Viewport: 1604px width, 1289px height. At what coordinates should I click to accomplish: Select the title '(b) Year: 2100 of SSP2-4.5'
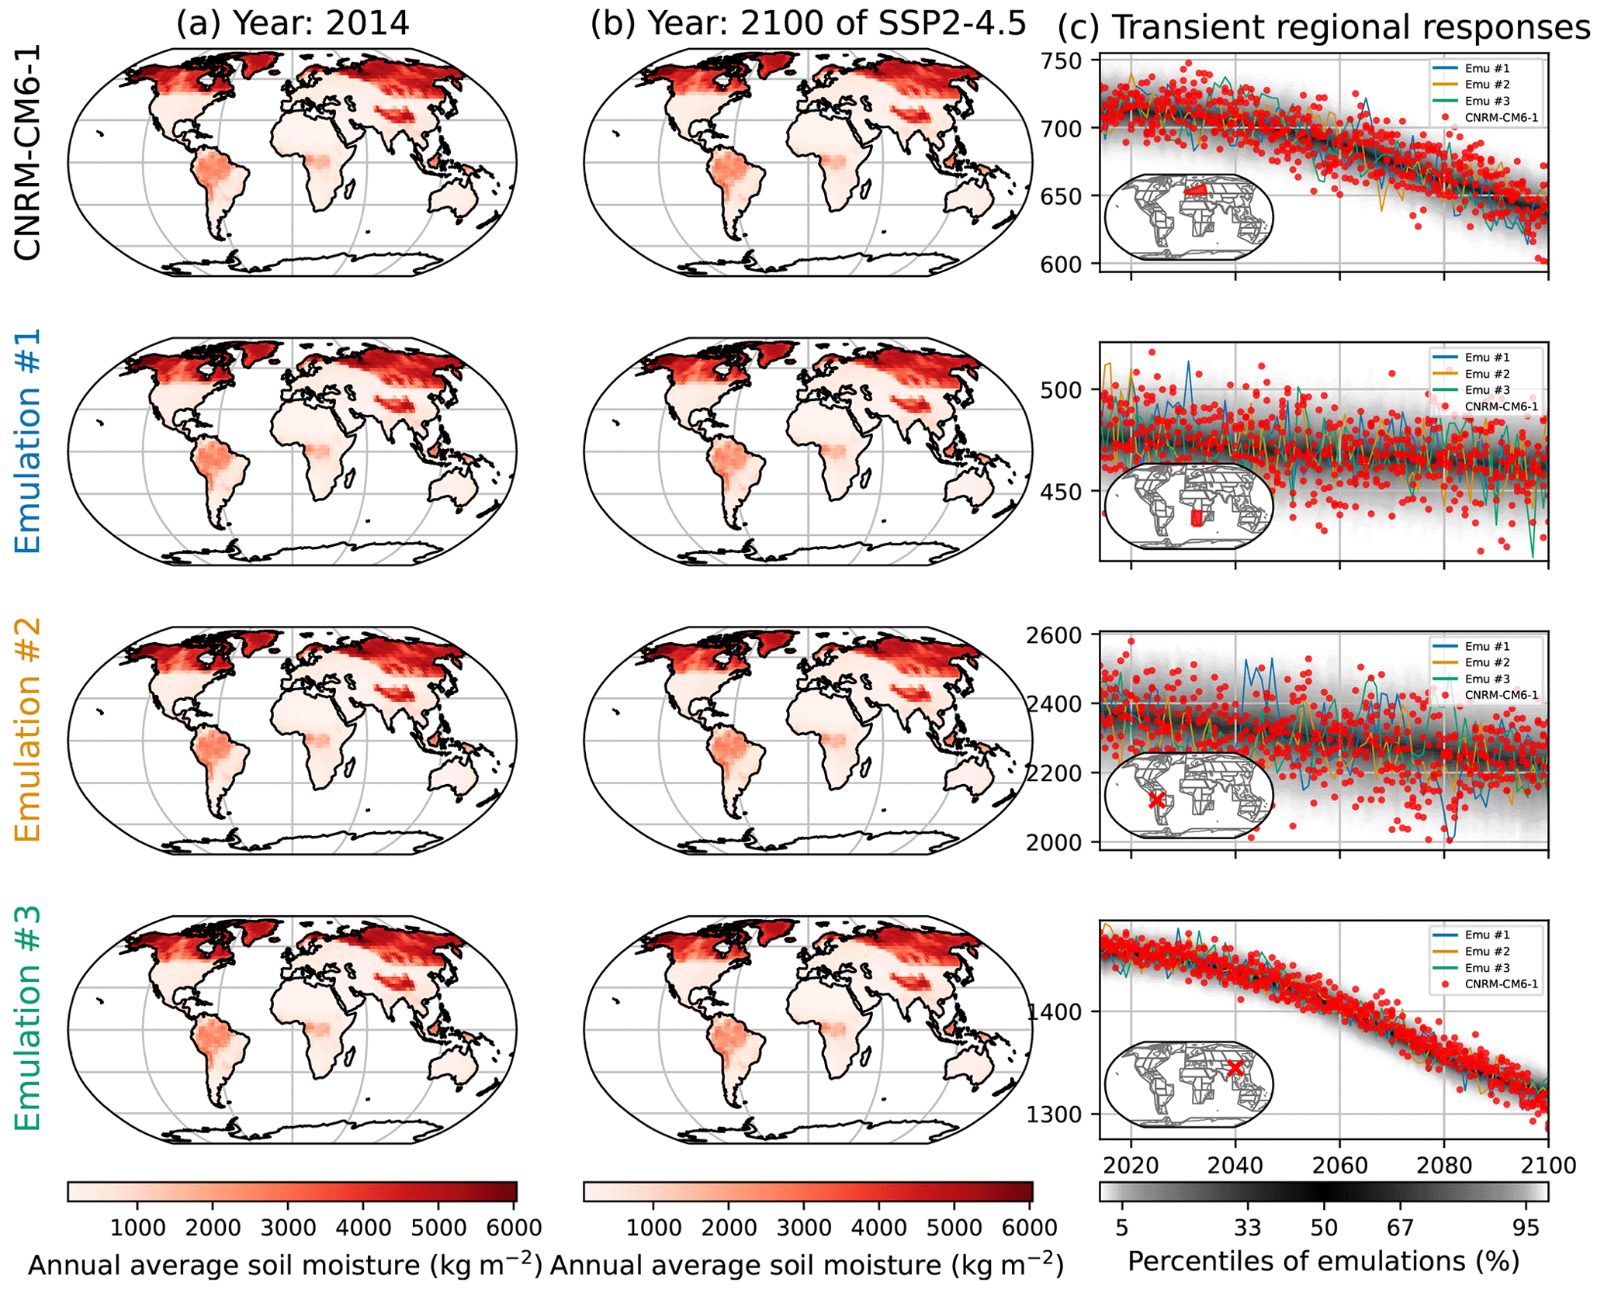click(x=808, y=24)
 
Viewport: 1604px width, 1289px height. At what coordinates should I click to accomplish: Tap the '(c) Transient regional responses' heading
click(x=1324, y=27)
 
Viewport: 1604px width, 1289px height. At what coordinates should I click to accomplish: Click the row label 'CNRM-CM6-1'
click(x=28, y=152)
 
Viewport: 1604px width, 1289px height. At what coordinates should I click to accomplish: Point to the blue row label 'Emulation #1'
click(x=28, y=441)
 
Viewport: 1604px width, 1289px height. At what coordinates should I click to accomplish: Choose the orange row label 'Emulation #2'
click(x=28, y=730)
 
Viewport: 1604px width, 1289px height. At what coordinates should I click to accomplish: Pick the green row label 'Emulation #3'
click(x=28, y=1019)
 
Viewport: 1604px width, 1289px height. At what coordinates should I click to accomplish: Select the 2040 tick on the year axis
click(x=1235, y=1166)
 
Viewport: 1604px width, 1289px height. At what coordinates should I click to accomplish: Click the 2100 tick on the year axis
click(x=1547, y=1166)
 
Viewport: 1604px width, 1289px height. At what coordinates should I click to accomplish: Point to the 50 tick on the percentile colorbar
click(x=1324, y=1228)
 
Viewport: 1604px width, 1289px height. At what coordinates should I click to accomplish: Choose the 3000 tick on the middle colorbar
click(x=804, y=1228)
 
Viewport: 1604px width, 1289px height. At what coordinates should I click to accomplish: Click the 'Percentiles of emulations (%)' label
click(x=1323, y=1262)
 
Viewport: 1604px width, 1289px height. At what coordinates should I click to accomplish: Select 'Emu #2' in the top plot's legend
click(x=1487, y=85)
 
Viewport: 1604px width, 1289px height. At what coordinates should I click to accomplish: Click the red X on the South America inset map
click(x=1156, y=800)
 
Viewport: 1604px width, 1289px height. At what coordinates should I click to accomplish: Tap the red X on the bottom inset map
click(x=1235, y=1068)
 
